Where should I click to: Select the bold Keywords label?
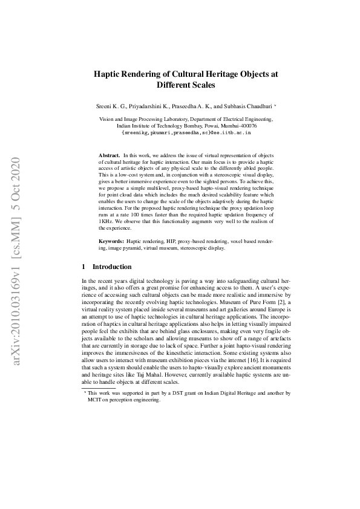pyautogui.click(x=112, y=241)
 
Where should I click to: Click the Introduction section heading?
pyautogui.click(x=111, y=267)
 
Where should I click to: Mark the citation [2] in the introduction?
pyautogui.click(x=287, y=302)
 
